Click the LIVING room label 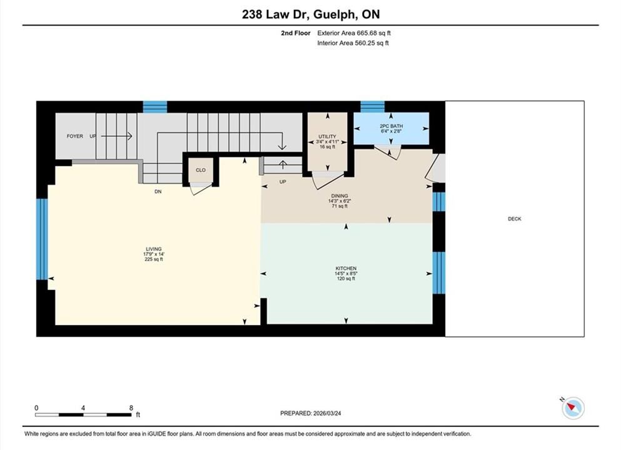(x=154, y=249)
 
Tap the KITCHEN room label (x=346, y=268)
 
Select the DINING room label (x=340, y=196)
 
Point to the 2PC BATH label (x=391, y=126)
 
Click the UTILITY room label (x=327, y=136)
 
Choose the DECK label (x=515, y=219)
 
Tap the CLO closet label (x=201, y=170)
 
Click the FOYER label (x=75, y=136)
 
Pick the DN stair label (x=158, y=191)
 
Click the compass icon (x=573, y=407)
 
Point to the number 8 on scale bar (x=131, y=407)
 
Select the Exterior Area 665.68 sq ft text (x=354, y=33)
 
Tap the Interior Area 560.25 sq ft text (x=353, y=43)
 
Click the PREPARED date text (x=310, y=413)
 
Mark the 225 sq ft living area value (x=154, y=259)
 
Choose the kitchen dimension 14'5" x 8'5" (x=346, y=274)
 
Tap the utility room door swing (x=328, y=181)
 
